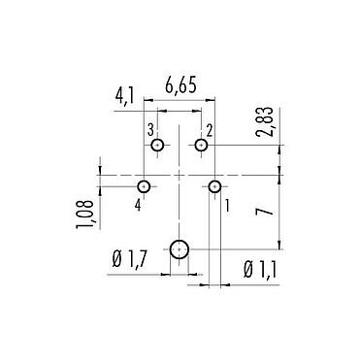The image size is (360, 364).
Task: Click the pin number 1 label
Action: (228, 205)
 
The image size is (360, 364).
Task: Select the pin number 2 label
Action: (210, 129)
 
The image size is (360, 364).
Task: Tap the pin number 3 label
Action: (150, 129)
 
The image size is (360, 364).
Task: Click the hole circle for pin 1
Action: (215, 185)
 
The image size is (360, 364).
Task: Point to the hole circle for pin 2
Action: (201, 146)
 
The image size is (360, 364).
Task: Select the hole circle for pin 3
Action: (157, 146)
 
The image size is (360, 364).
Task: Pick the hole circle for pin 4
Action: (144, 185)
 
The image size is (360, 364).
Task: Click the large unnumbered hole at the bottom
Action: (180, 251)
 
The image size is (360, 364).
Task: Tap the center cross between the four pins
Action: (180, 176)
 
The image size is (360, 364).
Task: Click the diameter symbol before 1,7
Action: (115, 259)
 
